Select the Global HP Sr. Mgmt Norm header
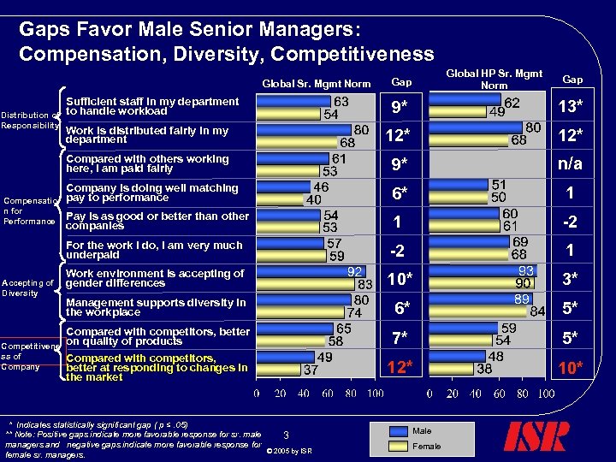tap(494, 80)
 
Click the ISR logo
tap(536, 435)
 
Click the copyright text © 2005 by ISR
tap(289, 451)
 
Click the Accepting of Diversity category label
tap(28, 287)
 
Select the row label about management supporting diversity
tap(156, 307)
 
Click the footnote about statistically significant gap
tap(98, 424)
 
